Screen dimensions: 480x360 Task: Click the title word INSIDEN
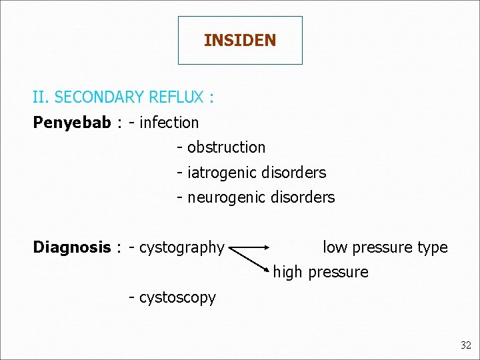240,41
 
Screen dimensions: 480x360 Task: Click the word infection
169,123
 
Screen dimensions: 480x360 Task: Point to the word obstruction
226,147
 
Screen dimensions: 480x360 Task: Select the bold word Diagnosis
72,247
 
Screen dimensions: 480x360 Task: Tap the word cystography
181,247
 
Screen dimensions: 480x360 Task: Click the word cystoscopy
177,297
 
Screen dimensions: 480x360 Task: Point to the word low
335,247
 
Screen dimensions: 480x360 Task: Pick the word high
287,272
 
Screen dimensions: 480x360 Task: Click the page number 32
465,345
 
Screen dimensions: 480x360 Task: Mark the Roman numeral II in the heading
39,97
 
